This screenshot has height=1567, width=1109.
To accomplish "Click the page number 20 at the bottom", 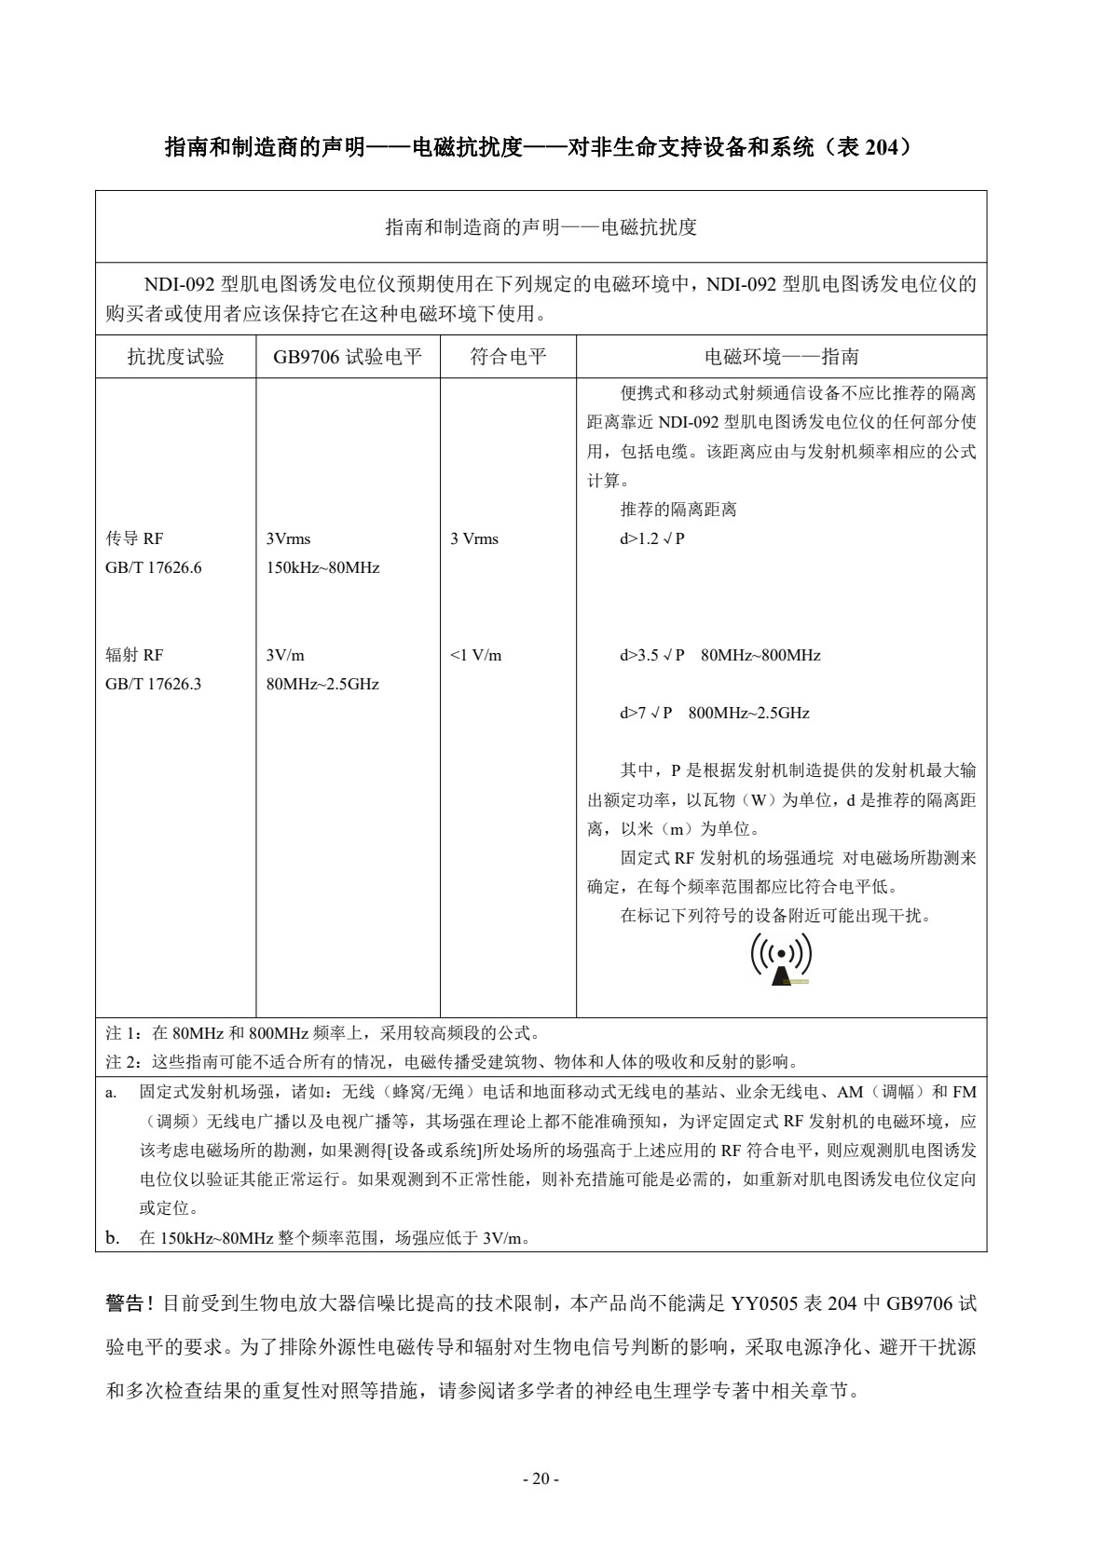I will [x=540, y=1478].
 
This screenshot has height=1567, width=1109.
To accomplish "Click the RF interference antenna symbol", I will [x=781, y=959].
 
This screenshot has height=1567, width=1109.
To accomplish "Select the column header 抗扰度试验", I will [x=175, y=357].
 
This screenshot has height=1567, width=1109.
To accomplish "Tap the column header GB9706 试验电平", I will [x=348, y=357].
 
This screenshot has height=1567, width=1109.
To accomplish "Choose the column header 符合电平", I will [x=508, y=357].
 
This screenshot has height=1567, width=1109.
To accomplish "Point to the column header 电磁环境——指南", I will [x=781, y=357].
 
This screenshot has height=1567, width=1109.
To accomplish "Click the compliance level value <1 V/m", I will [x=475, y=656].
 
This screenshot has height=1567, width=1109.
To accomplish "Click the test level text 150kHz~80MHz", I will [x=322, y=568].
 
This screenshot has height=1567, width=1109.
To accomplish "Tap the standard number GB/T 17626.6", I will [x=153, y=568].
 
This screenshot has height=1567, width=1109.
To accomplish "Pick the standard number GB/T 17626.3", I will [x=153, y=685].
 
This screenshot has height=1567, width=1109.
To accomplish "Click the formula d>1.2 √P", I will [x=651, y=539].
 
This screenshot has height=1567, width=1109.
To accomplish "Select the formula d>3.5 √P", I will [x=651, y=656].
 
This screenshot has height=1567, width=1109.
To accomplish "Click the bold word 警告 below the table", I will [x=124, y=1303].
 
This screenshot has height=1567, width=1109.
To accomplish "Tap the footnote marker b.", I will [x=111, y=1238].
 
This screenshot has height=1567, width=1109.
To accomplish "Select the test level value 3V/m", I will [x=285, y=656].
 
